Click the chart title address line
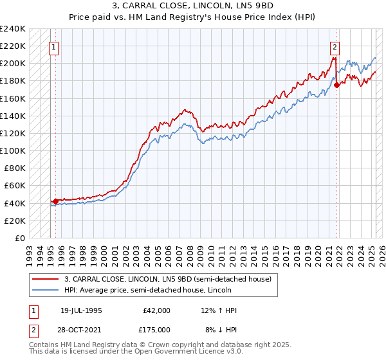tap(192, 7)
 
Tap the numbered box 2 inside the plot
tap(335, 46)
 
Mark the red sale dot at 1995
tap(55, 201)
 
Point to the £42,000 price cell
tap(156, 310)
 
